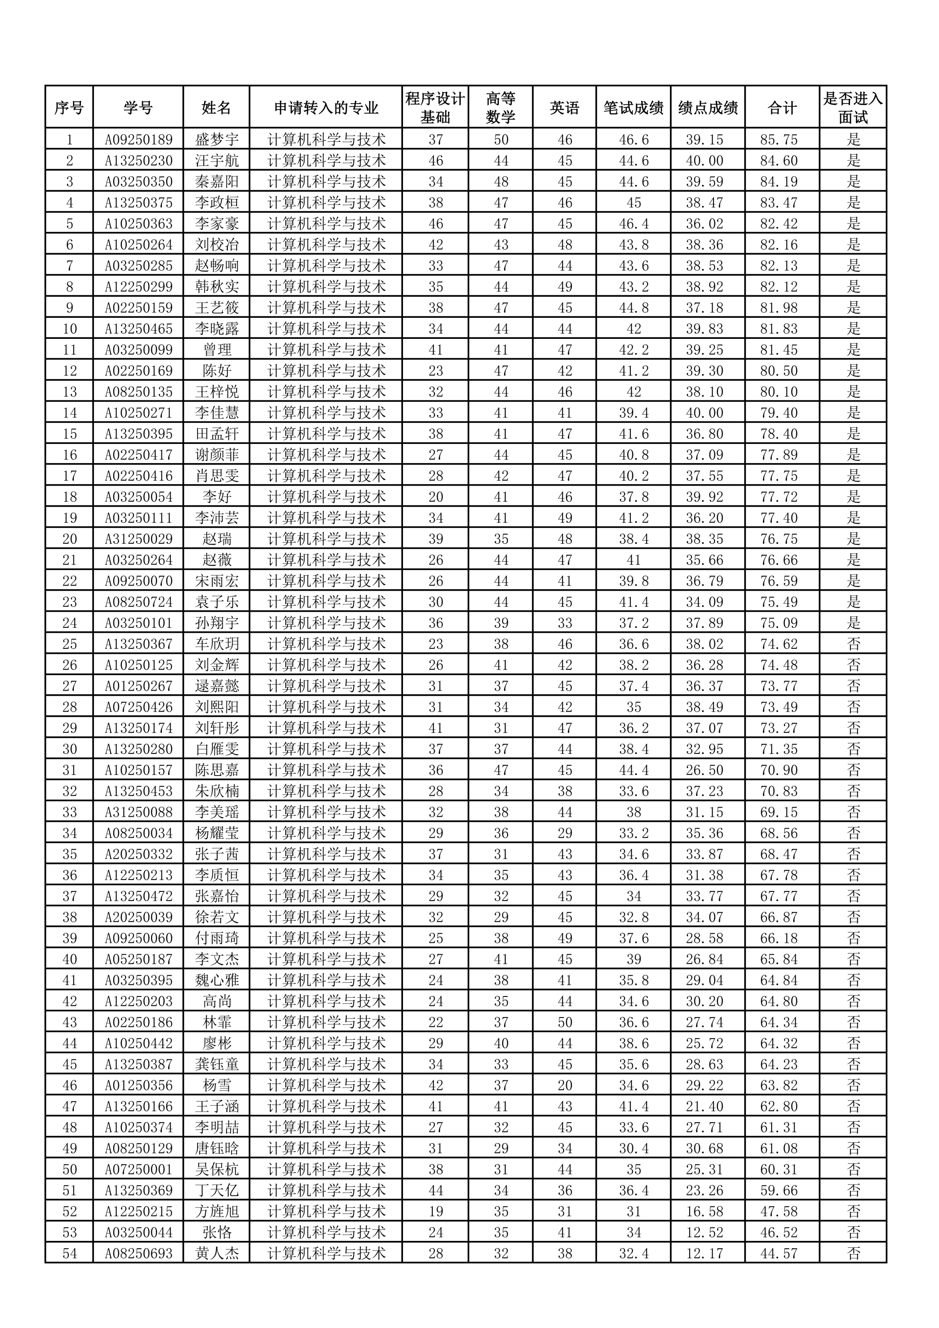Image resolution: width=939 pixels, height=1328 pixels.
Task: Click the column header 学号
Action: click(138, 108)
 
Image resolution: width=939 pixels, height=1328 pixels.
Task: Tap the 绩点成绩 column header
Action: click(708, 108)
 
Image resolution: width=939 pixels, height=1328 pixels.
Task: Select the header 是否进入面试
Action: click(853, 108)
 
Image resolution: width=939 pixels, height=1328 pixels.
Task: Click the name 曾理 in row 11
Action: click(217, 350)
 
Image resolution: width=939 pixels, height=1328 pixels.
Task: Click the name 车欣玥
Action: click(217, 644)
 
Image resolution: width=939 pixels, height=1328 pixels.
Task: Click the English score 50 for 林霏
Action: click(565, 1023)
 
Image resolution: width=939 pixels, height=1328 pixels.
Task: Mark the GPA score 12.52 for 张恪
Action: click(704, 1233)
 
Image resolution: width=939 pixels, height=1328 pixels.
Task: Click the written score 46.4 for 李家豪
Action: click(634, 224)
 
